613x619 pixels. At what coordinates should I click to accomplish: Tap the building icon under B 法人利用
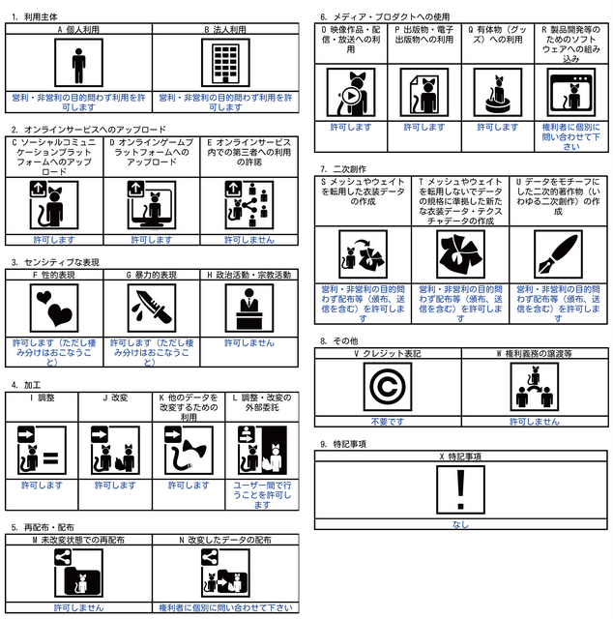coord(225,64)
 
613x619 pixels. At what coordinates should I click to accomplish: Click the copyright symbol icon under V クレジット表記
coord(390,388)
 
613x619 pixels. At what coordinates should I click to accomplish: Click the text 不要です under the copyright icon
coord(390,422)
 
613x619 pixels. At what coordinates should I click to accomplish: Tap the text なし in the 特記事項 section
coord(461,524)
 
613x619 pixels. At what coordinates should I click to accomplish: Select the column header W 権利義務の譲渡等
coord(535,354)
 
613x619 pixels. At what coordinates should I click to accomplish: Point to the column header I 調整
coord(43,397)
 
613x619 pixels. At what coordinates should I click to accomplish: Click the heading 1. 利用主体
coord(36,17)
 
